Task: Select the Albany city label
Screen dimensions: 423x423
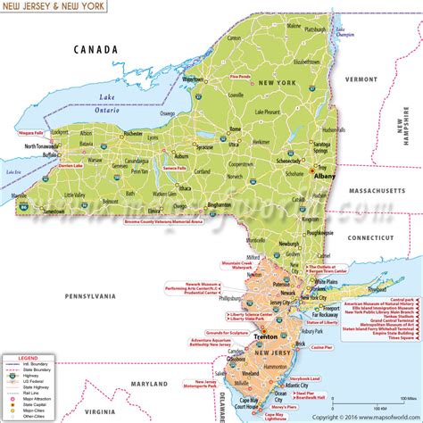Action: point(324,177)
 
